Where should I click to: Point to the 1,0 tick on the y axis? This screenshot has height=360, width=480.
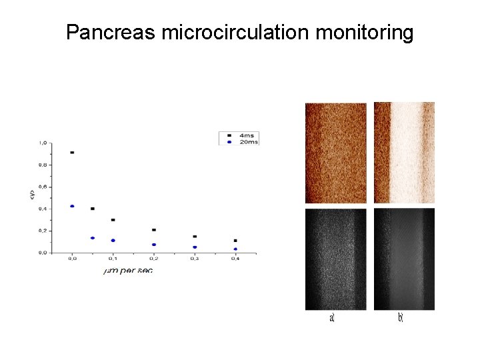click(x=43, y=143)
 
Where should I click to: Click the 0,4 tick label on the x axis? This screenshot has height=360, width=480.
click(x=235, y=259)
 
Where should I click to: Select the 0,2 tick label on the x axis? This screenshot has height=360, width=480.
click(x=154, y=259)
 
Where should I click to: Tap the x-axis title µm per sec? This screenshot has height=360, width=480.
click(x=128, y=271)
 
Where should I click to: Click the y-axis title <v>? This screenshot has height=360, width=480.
click(x=31, y=195)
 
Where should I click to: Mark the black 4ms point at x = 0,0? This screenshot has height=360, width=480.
click(x=72, y=153)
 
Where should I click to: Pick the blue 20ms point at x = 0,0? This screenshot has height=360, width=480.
click(x=72, y=206)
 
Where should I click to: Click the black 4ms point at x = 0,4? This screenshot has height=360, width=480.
click(x=235, y=241)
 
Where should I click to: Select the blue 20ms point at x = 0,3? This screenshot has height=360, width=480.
click(x=195, y=247)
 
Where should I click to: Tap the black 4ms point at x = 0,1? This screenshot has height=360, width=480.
click(x=113, y=220)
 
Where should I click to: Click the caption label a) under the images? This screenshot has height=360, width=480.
click(x=332, y=319)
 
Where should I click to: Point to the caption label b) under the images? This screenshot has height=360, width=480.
click(x=401, y=319)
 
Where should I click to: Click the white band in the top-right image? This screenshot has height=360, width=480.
click(x=406, y=152)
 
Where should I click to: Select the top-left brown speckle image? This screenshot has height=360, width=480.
click(x=335, y=153)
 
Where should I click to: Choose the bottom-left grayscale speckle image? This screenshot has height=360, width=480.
click(x=335, y=259)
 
